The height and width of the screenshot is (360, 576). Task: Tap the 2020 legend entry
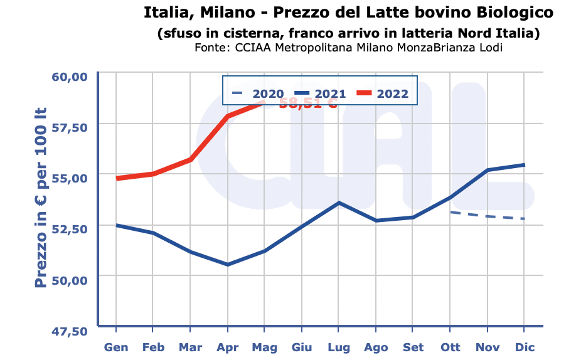[257, 94]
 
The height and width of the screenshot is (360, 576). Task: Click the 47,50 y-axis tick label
[69, 331]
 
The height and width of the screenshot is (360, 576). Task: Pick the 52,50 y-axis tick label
[69, 229]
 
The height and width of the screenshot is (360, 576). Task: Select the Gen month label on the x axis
[116, 347]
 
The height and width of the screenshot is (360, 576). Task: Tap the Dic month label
[524, 347]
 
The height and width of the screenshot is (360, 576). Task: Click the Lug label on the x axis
[339, 347]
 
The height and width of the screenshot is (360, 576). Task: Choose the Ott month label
[450, 347]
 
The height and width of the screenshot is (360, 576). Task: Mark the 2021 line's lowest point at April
[227, 265]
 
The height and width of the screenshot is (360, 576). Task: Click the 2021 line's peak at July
[339, 203]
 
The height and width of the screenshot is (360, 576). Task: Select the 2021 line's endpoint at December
[524, 165]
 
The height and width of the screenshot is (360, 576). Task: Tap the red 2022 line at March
[190, 160]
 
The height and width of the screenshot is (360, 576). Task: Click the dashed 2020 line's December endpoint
[524, 218]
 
